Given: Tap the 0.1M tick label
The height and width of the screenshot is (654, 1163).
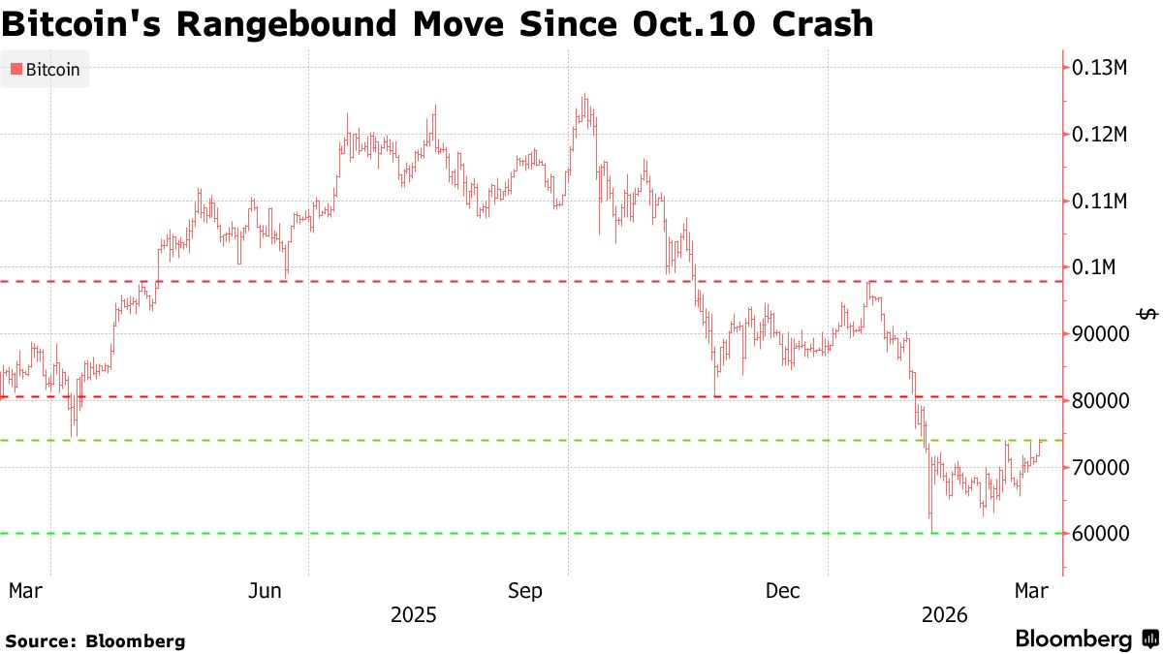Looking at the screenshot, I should click(x=1094, y=267).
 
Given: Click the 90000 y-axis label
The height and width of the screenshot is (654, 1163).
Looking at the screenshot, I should click(x=1100, y=334).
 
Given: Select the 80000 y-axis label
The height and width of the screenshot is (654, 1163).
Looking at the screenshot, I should click(x=1100, y=401).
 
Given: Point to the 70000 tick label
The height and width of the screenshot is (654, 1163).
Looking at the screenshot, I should click(x=1100, y=468).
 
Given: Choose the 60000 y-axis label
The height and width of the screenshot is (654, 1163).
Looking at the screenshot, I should click(x=1100, y=534).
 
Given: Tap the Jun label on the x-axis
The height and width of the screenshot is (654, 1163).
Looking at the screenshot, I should click(x=266, y=590).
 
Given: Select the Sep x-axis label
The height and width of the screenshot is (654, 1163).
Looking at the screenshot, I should click(x=524, y=590).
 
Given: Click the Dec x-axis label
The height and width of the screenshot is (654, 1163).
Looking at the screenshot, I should click(x=783, y=590).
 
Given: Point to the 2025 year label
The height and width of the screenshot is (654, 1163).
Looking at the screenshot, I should click(x=413, y=614).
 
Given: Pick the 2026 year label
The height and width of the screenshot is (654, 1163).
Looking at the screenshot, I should click(x=945, y=614).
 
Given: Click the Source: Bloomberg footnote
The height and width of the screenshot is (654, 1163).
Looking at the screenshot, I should click(x=95, y=640).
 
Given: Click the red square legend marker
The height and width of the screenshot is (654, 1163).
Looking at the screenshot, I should click(x=16, y=69).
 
